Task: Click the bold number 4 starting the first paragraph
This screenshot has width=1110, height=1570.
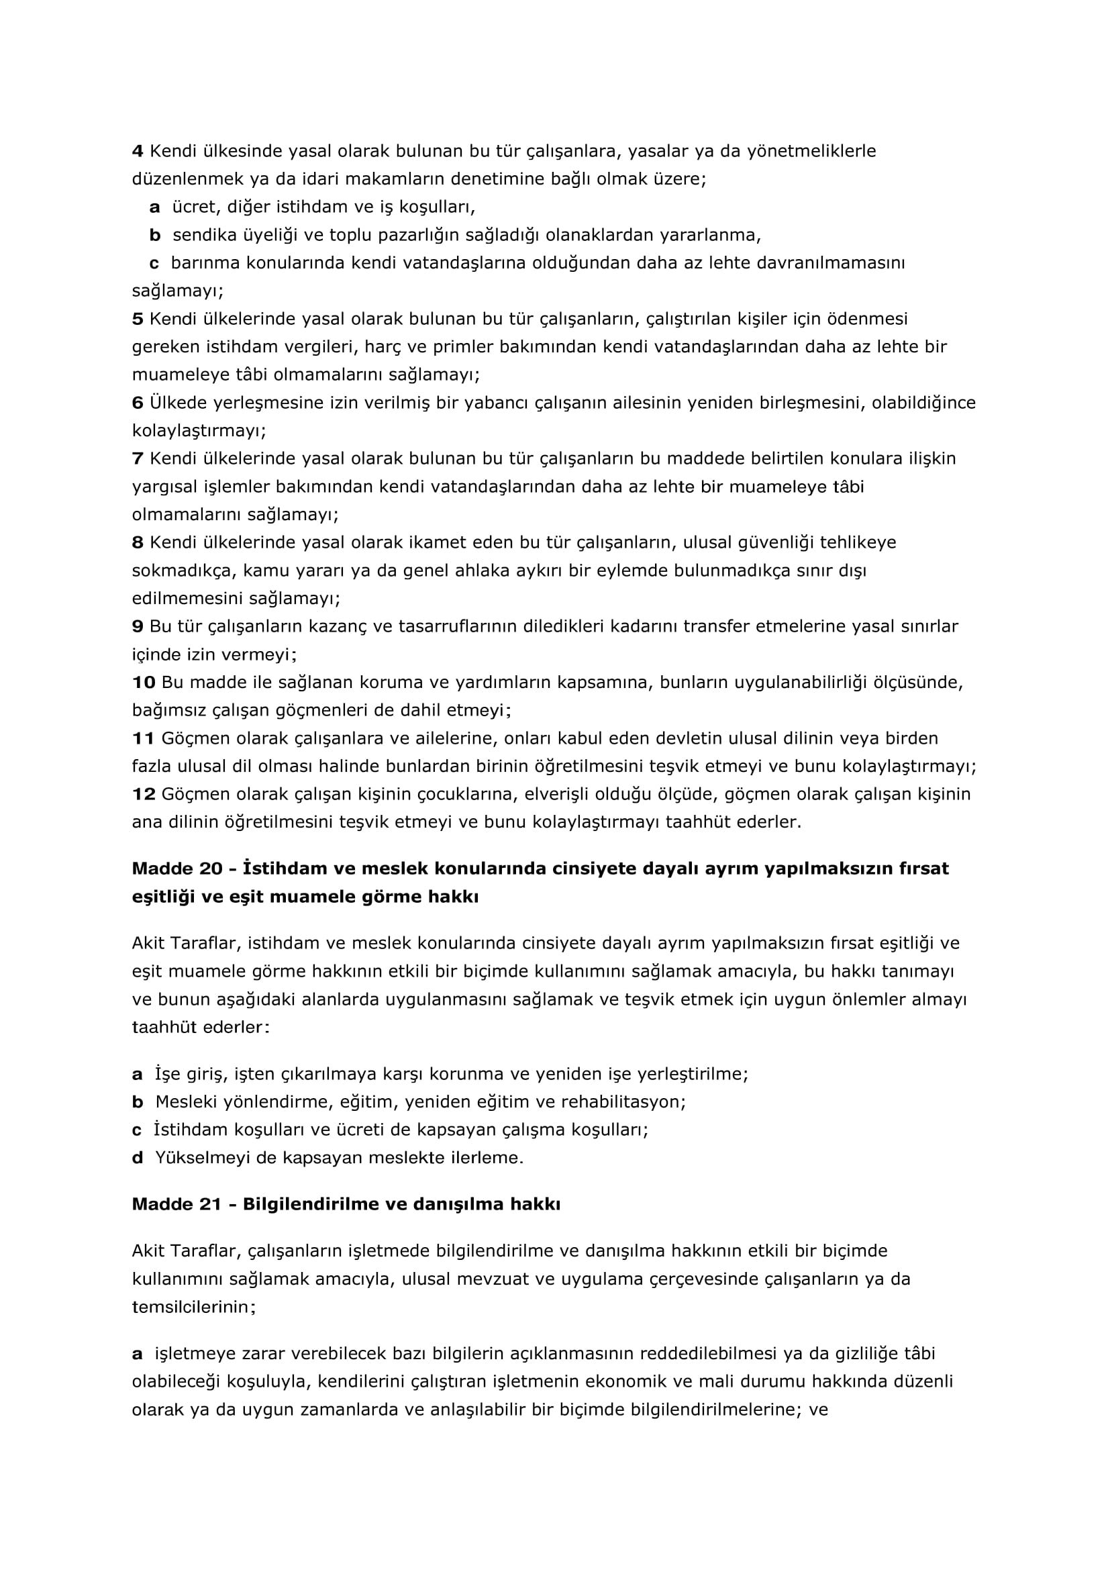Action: pos(138,151)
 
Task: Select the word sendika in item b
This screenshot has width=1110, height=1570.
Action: pos(201,235)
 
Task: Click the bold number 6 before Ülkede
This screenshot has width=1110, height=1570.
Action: pos(138,403)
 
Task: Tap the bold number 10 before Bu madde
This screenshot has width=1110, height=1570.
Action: pos(144,683)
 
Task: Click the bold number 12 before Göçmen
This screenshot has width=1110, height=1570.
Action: pos(144,795)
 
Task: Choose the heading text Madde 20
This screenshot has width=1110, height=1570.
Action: pos(177,869)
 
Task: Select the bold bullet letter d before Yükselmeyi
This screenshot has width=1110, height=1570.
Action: pos(138,1159)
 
